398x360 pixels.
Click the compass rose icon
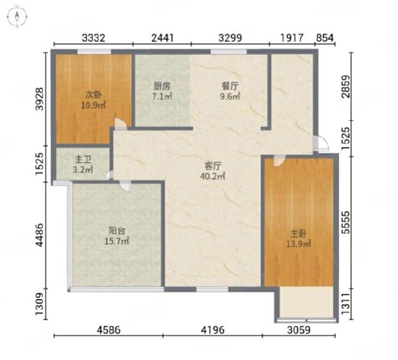tap(17, 17)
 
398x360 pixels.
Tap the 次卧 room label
tap(93, 95)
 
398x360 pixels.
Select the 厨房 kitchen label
tap(162, 86)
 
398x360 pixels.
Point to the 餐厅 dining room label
tap(230, 86)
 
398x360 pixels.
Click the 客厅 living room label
tap(213, 166)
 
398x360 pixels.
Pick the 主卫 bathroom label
tap(83, 160)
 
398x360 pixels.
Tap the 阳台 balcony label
tap(117, 231)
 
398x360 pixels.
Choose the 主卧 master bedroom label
tap(298, 233)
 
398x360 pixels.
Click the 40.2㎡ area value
tap(213, 176)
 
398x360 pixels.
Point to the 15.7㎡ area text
tap(117, 241)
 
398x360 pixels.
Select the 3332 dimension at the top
tap(93, 38)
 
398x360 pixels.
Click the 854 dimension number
tap(325, 38)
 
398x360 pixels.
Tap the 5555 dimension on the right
tap(346, 223)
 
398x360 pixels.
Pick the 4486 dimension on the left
tap(40, 235)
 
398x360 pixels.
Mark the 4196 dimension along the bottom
tap(213, 330)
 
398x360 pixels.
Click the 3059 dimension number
tap(299, 330)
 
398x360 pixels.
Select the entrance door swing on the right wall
tap(321, 143)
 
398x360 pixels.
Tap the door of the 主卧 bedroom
tap(279, 161)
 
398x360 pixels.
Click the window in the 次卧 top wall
tap(94, 52)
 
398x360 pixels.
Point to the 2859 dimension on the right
tap(346, 86)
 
